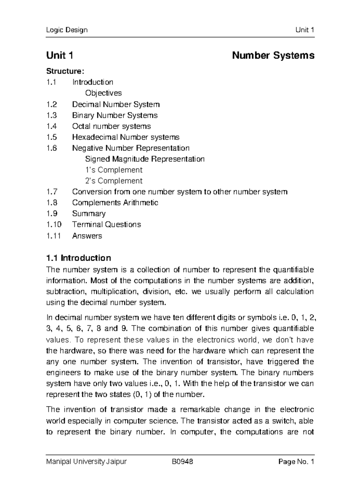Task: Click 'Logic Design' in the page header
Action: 67,30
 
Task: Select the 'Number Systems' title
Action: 273,56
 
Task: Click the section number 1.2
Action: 51,104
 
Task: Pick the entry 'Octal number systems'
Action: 111,126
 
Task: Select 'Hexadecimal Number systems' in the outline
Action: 126,137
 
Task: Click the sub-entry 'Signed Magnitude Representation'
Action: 145,159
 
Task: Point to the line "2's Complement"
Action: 114,181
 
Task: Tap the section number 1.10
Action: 54,224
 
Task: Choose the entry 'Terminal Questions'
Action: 106,224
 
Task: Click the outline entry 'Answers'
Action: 87,236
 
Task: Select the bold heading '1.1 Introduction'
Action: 79,258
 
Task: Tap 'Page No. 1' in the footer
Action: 296,462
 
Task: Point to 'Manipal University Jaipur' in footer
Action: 86,462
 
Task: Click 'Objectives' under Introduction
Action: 103,93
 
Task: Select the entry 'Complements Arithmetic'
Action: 115,203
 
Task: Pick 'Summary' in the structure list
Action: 89,214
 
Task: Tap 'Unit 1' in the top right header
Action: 305,30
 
